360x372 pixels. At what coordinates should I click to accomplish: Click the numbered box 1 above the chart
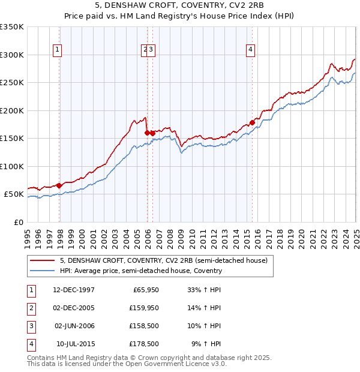[57, 50]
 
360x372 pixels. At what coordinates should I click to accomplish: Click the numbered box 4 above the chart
[250, 50]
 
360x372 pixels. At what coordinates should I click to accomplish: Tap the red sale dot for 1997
[59, 185]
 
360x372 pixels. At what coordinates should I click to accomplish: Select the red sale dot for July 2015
[252, 123]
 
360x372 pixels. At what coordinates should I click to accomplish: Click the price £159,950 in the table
[144, 308]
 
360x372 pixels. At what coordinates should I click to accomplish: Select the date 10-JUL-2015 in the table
[75, 344]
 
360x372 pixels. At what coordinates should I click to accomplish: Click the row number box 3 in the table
[30, 326]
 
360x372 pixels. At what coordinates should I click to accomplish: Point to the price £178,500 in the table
[144, 344]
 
